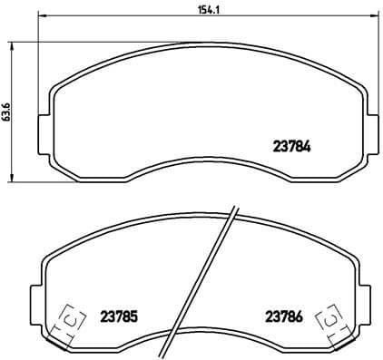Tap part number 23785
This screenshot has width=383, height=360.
[x=118, y=316]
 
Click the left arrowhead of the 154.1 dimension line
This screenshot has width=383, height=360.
[x=40, y=17]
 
